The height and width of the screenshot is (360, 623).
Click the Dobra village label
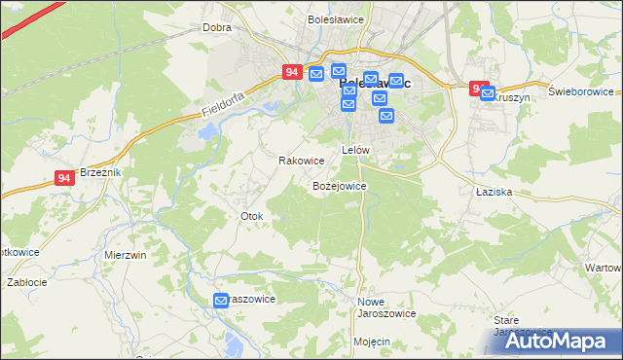coord(216,27)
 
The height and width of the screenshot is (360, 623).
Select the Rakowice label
coord(301,161)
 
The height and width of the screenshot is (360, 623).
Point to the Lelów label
coord(355,150)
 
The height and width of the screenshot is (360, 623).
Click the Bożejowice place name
coord(339,185)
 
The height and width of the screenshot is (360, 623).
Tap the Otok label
coord(251,215)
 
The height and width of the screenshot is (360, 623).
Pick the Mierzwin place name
coord(125,254)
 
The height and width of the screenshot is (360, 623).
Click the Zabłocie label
coord(26,282)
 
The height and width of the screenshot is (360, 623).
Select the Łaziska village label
coord(494,193)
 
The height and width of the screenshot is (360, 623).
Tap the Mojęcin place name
coord(372,342)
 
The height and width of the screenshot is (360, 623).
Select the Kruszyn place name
coord(510,98)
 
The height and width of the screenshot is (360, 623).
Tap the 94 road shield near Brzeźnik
coord(64,178)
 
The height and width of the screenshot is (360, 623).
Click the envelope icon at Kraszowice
coord(221,302)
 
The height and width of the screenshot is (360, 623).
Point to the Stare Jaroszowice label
coord(517,325)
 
